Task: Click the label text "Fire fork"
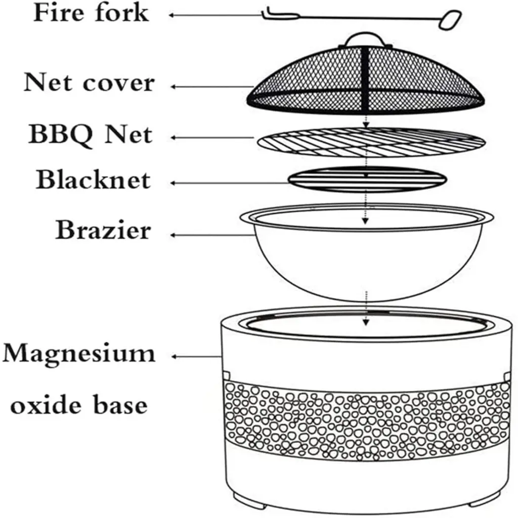pyautogui.click(x=91, y=13)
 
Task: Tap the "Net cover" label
pyautogui.click(x=89, y=82)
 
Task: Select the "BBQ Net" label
pyautogui.click(x=90, y=135)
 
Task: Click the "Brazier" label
pyautogui.click(x=103, y=230)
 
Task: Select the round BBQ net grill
pyautogui.click(x=371, y=142)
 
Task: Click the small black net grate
pyautogui.click(x=367, y=180)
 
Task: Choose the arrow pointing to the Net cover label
pyautogui.click(x=212, y=87)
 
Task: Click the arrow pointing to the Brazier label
pyautogui.click(x=212, y=235)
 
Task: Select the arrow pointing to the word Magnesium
pyautogui.click(x=197, y=357)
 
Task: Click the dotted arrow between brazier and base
pyautogui.click(x=365, y=309)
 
